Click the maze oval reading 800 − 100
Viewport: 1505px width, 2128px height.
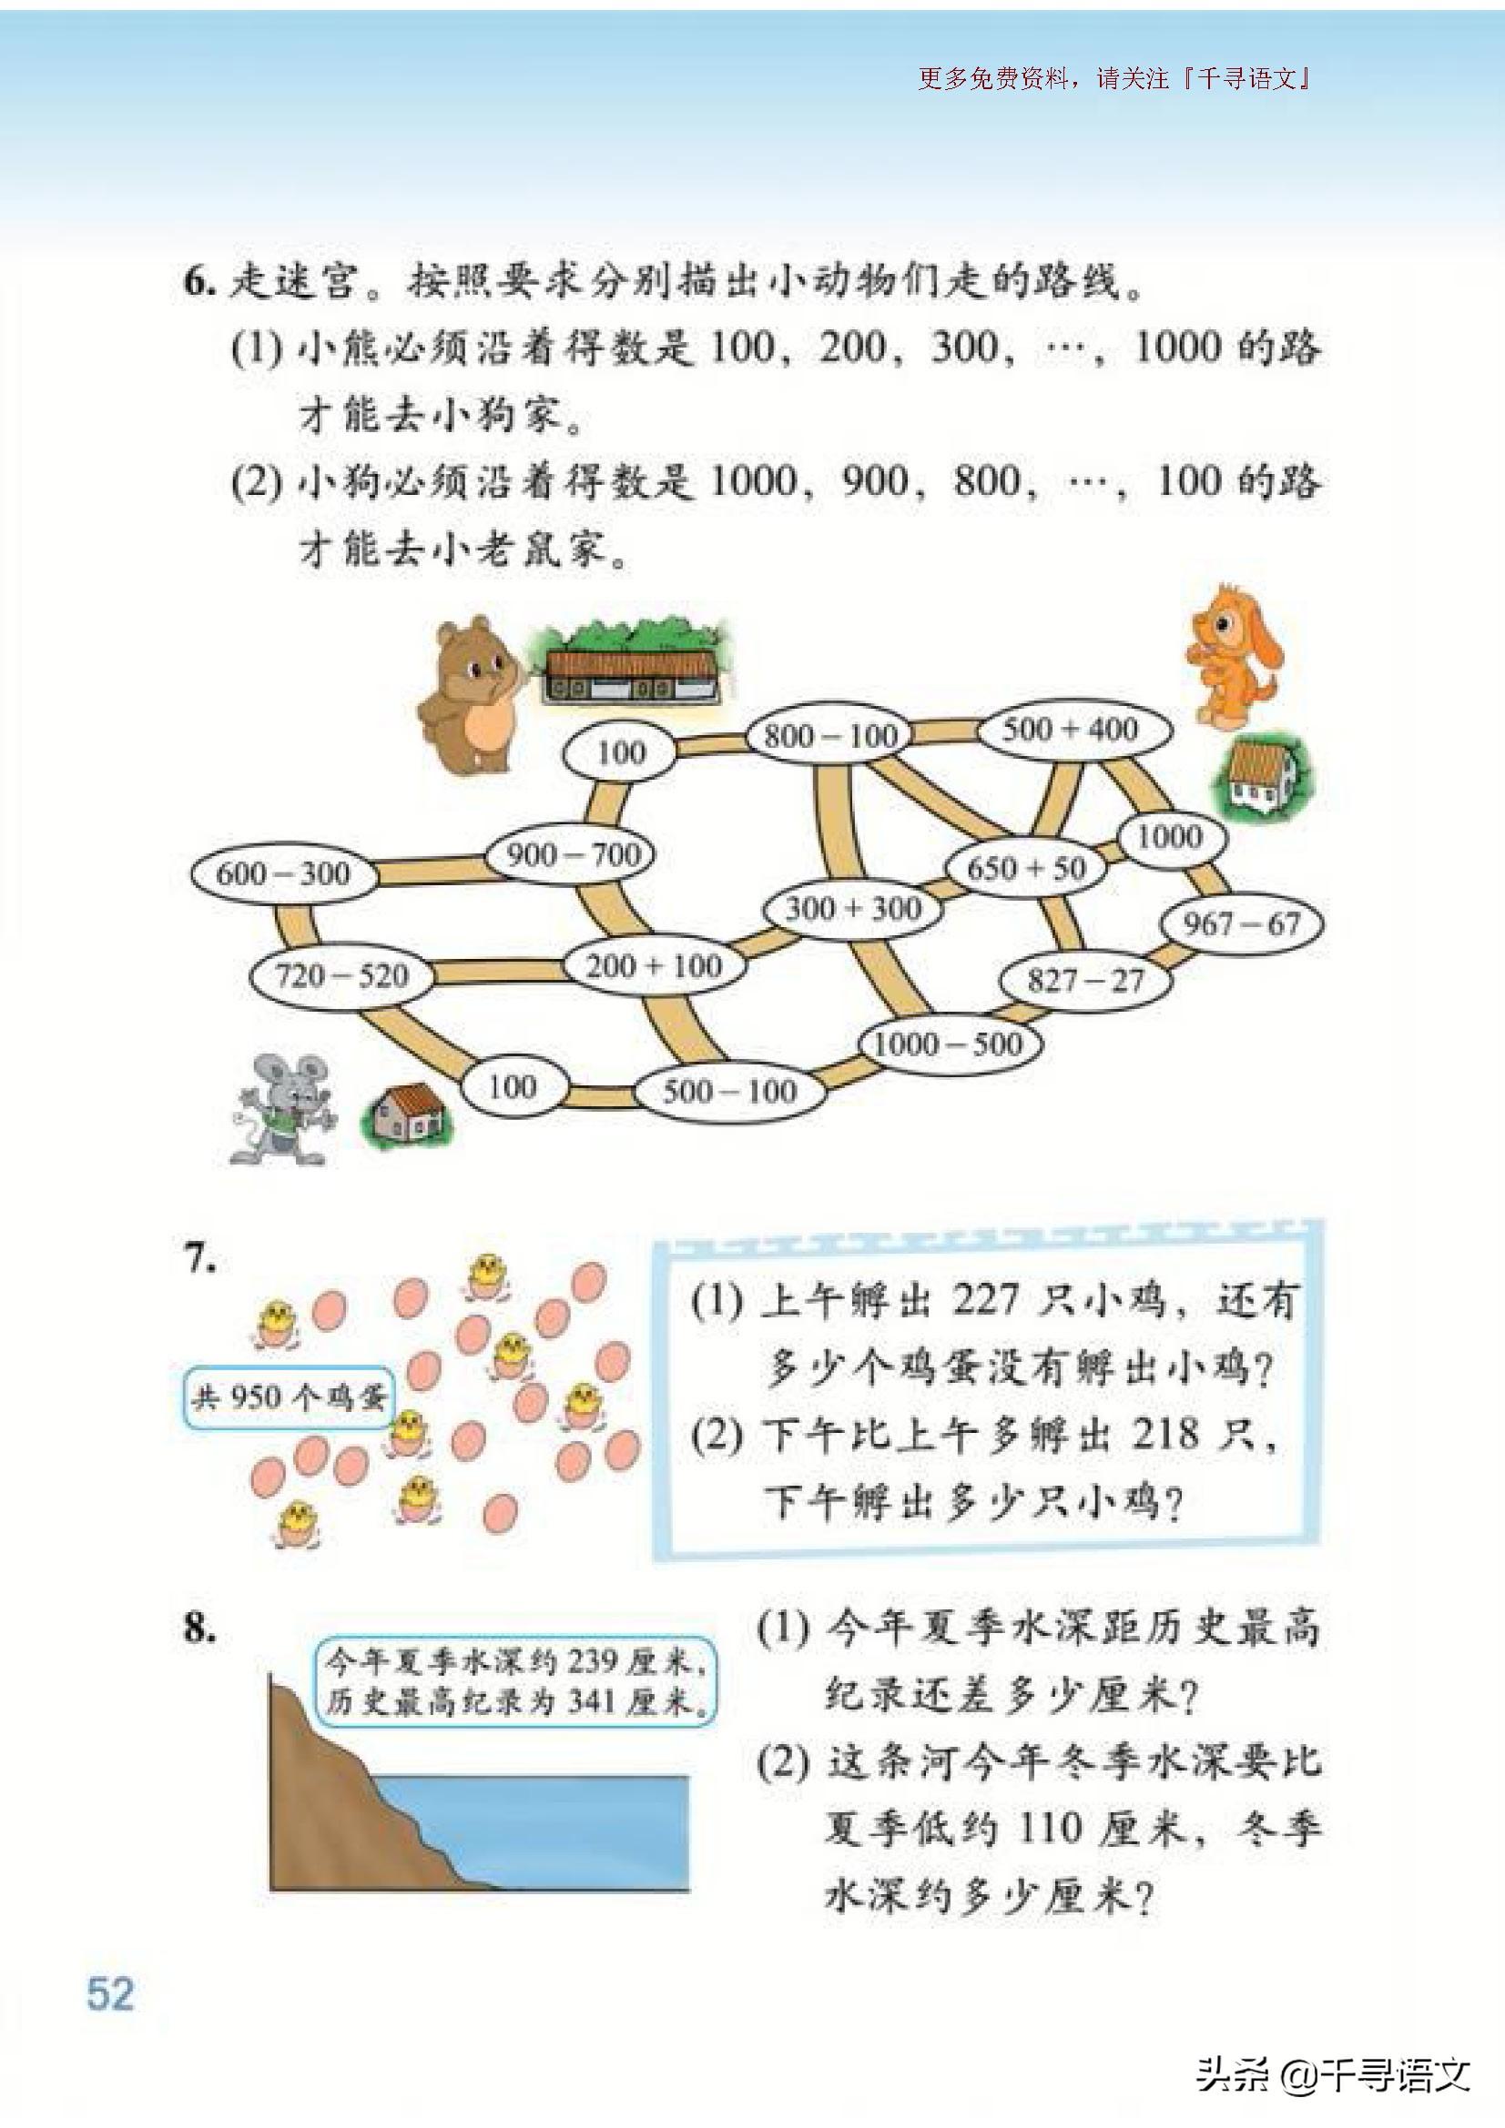[x=830, y=736]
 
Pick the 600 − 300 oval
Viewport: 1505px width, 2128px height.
[x=284, y=873]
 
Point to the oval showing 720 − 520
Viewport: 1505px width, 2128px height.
[x=342, y=976]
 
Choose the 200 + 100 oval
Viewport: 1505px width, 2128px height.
[x=654, y=966]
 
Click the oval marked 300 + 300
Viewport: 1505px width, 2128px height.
[x=853, y=908]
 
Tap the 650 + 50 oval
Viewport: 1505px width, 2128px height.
[x=1026, y=869]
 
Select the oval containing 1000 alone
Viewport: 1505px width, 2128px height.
[x=1169, y=837]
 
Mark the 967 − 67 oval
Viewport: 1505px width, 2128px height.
[x=1242, y=923]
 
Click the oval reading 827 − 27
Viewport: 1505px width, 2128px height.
[x=1085, y=981]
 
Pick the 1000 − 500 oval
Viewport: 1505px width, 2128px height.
[x=948, y=1044]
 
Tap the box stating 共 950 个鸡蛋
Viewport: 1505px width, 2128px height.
[x=288, y=1397]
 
